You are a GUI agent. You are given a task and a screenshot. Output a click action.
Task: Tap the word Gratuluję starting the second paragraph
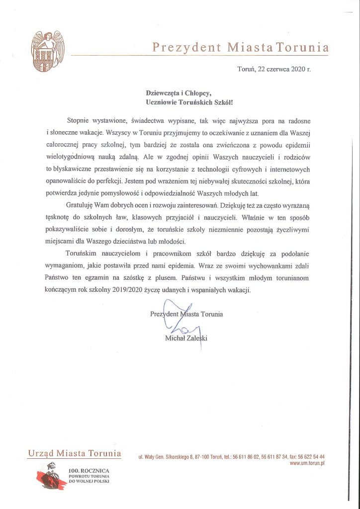tap(81, 205)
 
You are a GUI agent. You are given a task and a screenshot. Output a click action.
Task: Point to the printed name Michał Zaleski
tap(189, 339)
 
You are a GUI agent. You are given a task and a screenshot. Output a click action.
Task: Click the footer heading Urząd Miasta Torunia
tap(75, 453)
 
